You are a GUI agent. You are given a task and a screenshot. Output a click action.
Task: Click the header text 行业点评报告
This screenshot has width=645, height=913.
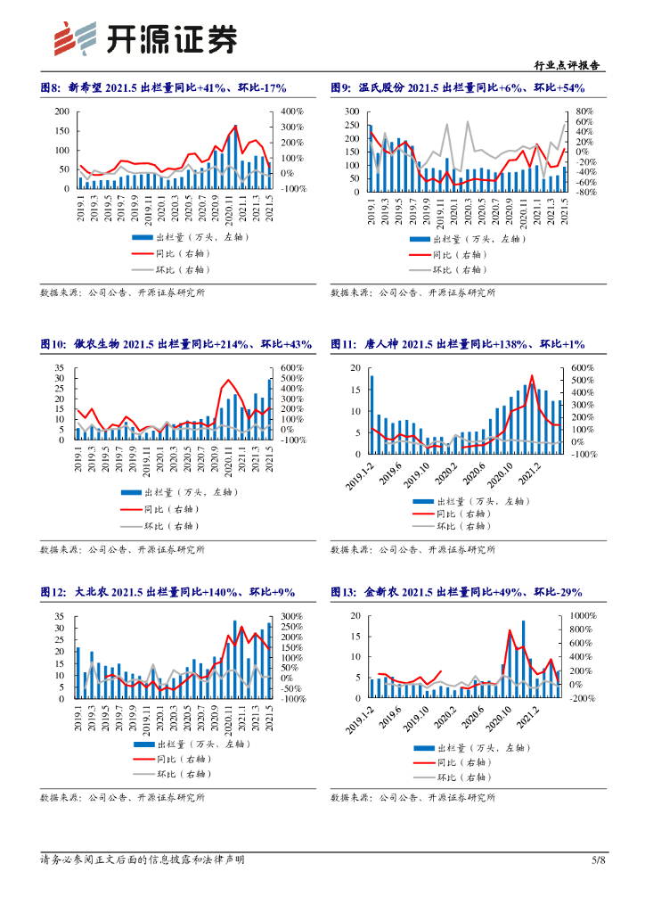tap(566, 66)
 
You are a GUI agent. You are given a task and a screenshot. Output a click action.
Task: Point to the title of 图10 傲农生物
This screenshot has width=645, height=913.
tap(176, 344)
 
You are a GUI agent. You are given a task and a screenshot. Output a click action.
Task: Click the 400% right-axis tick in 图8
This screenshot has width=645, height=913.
tap(292, 111)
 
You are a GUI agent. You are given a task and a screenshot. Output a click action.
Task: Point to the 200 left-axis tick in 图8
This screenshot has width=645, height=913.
tap(61, 111)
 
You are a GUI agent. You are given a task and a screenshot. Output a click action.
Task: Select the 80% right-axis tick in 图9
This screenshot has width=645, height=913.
tap(584, 111)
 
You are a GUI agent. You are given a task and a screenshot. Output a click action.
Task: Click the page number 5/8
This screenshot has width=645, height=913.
tap(599, 860)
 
